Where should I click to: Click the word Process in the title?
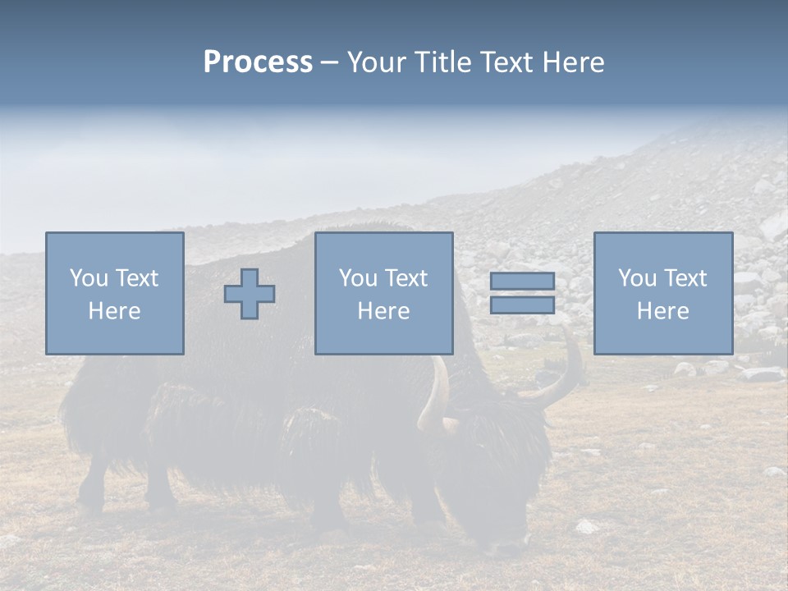click(x=258, y=62)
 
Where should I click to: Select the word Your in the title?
click(x=377, y=62)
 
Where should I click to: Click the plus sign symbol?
click(x=250, y=294)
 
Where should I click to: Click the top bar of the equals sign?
click(x=522, y=282)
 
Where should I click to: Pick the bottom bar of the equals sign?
click(x=522, y=305)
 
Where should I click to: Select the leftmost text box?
click(x=114, y=293)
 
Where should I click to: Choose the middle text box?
click(x=383, y=293)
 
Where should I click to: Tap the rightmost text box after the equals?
click(x=662, y=293)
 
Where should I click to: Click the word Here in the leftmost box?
click(x=114, y=311)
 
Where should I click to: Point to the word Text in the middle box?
click(x=405, y=278)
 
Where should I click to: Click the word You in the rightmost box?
click(x=637, y=278)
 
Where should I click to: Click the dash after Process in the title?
click(x=329, y=62)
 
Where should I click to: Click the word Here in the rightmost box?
click(x=662, y=311)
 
